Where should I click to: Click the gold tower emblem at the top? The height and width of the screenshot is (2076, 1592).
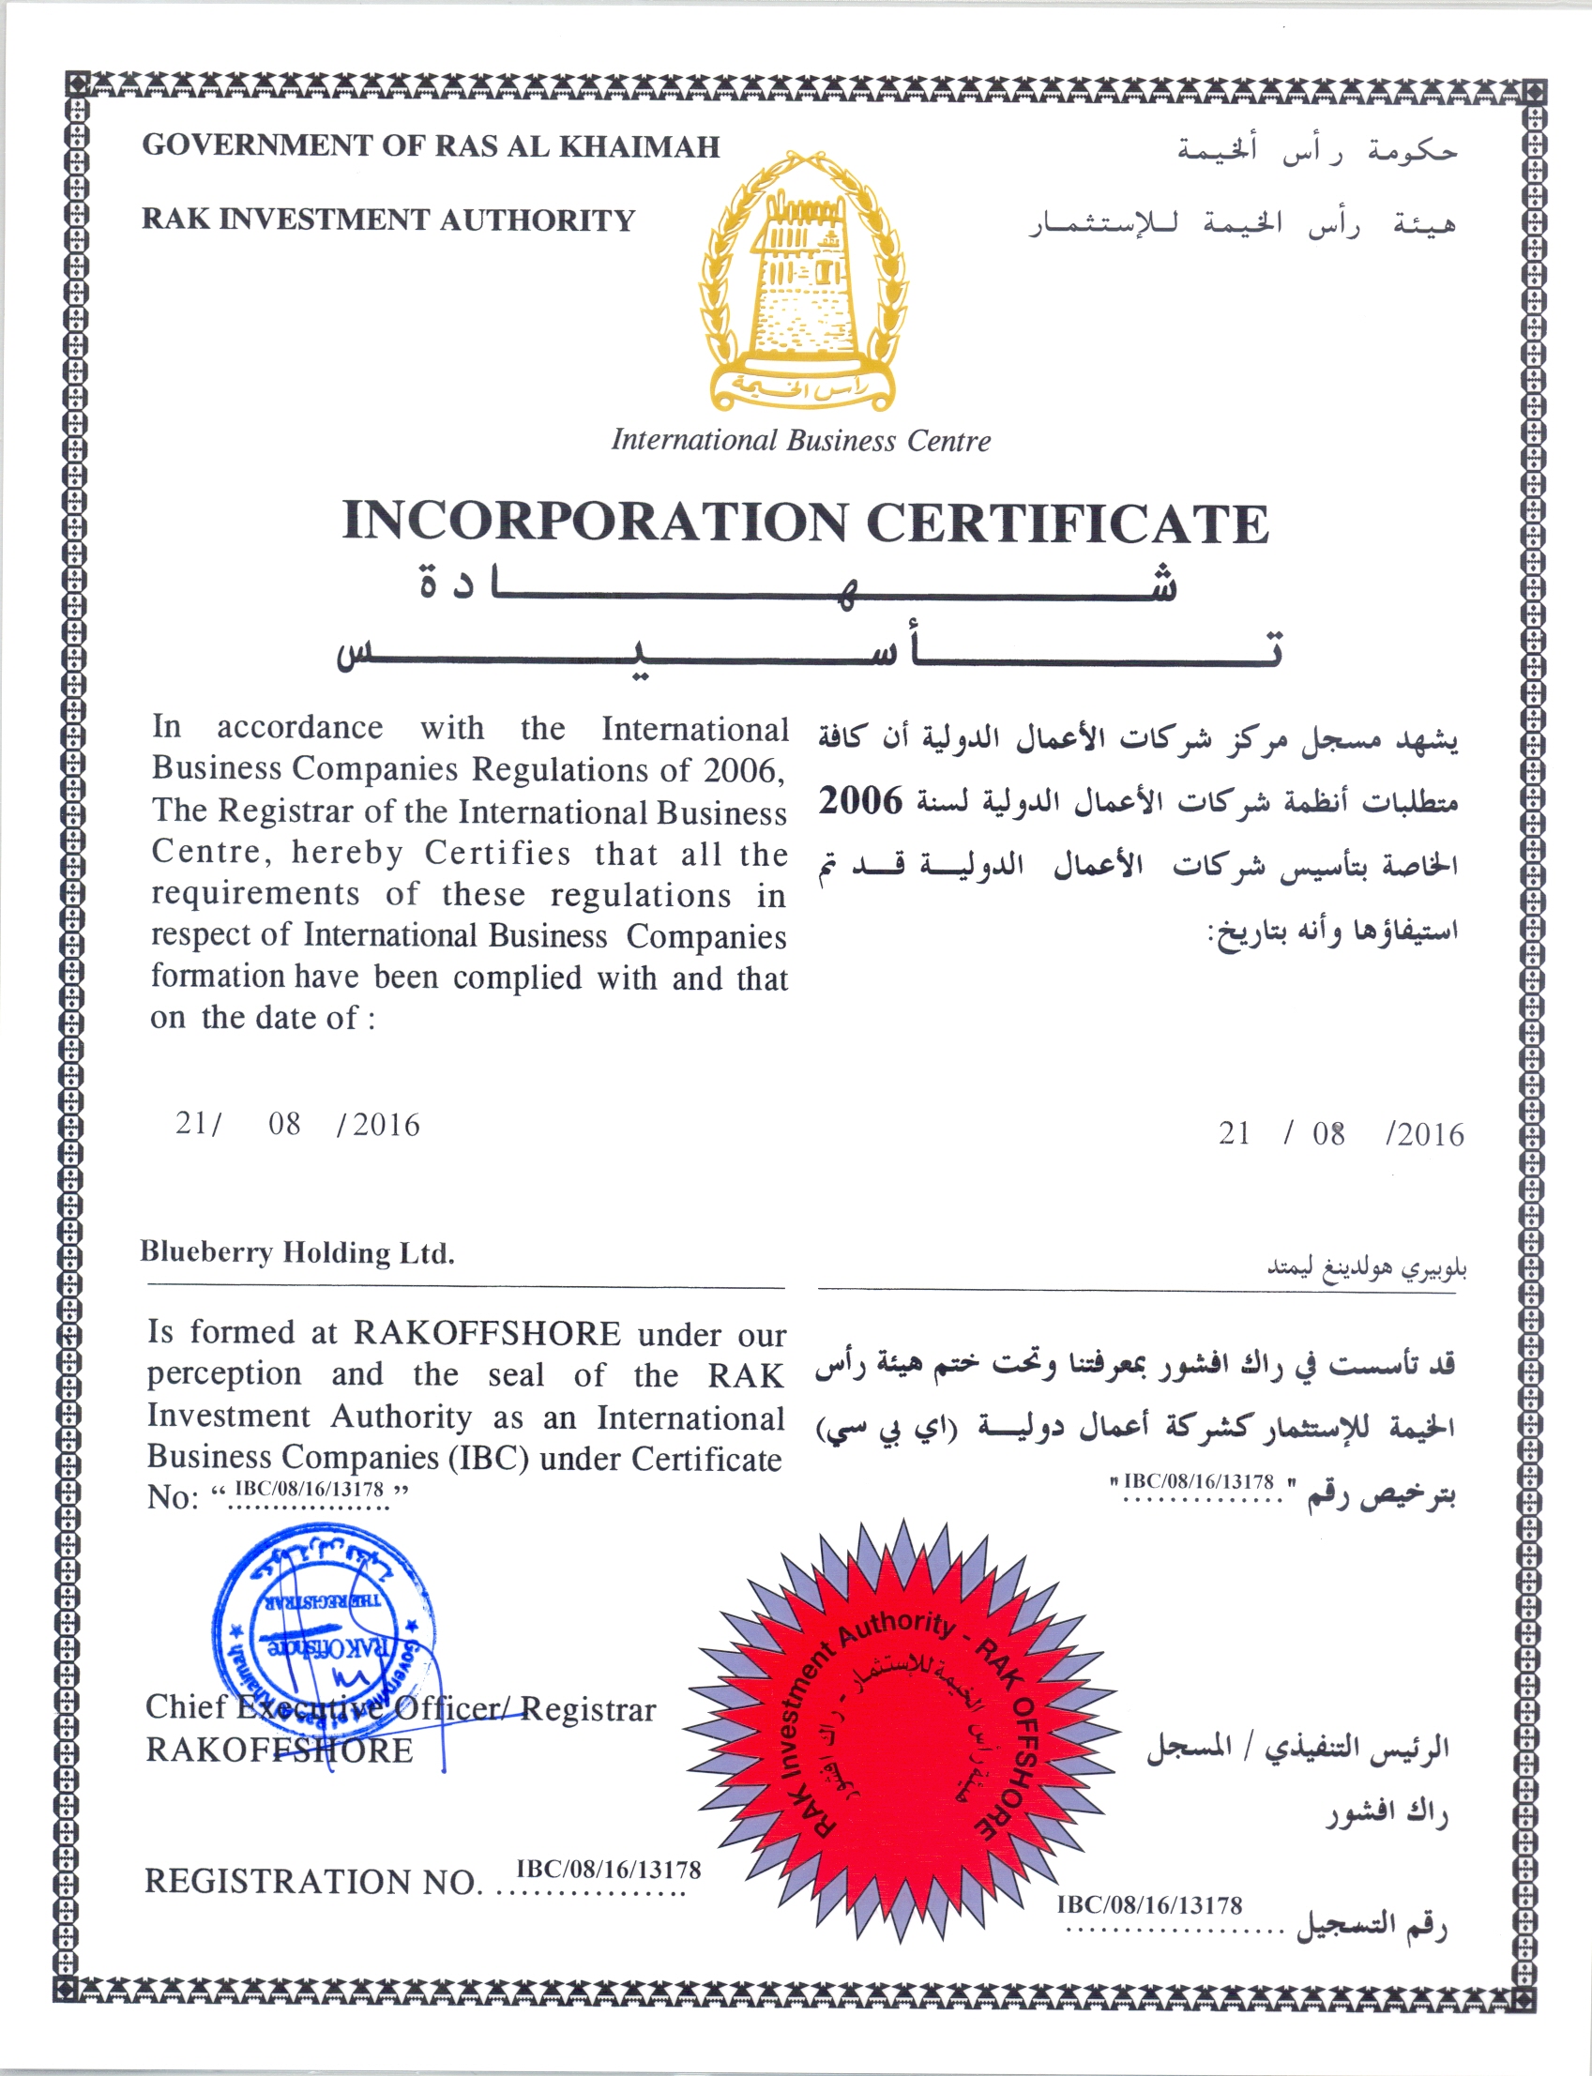[803, 284]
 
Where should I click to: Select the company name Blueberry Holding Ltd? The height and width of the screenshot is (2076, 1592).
[296, 1252]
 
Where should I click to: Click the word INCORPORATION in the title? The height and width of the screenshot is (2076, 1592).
[594, 523]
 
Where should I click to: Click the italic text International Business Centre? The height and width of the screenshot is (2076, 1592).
[801, 441]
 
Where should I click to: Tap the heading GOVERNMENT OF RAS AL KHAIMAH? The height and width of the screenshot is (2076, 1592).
[432, 146]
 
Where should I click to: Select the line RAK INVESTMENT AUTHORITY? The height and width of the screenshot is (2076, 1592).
[387, 220]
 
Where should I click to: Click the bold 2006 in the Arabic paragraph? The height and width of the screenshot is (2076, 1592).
[860, 801]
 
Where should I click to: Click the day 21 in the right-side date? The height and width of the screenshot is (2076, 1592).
[1234, 1133]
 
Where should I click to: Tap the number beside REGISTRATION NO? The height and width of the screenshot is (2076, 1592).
[608, 1870]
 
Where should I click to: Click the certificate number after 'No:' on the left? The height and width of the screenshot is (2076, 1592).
[309, 1489]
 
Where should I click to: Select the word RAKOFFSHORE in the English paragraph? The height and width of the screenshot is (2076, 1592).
[487, 1333]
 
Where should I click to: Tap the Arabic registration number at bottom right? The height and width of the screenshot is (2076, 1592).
[1149, 1904]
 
